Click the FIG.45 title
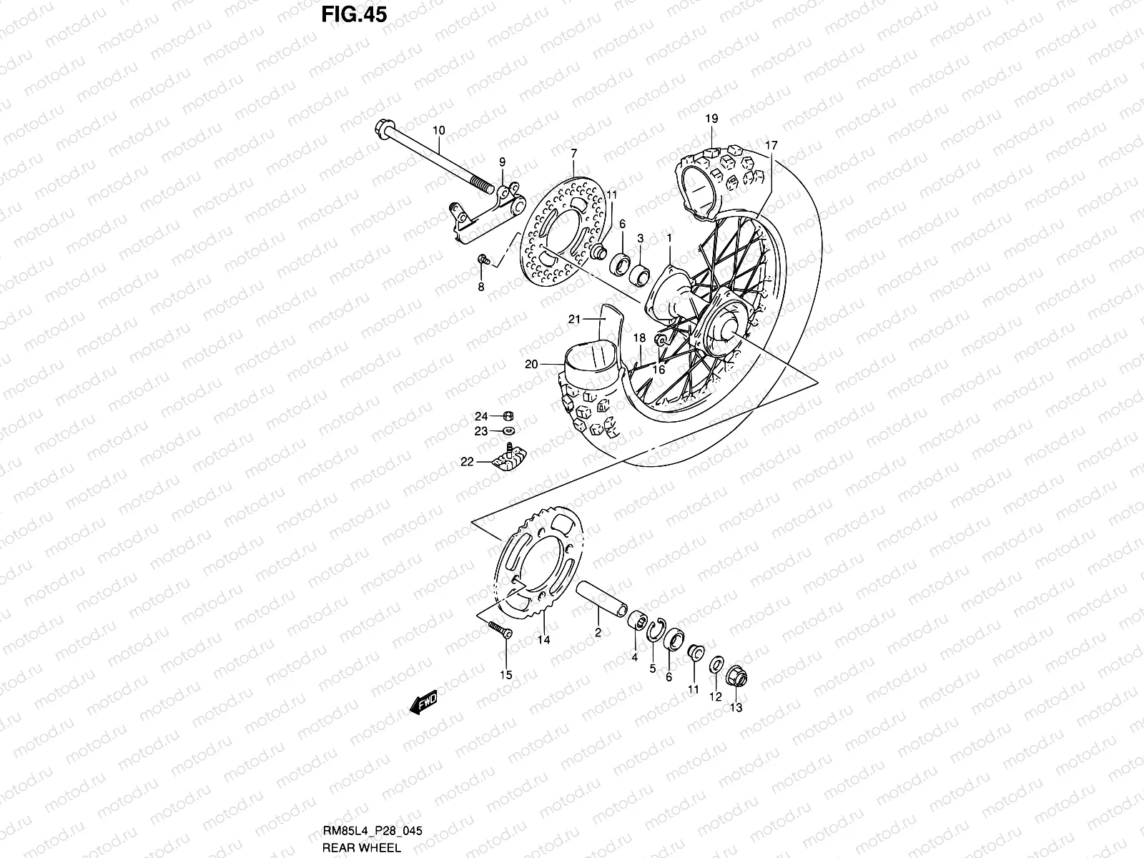pos(353,14)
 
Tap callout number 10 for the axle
pos(459,130)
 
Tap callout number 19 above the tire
pos(712,119)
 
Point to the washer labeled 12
pos(716,666)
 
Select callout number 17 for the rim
pos(770,145)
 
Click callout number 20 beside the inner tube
pos(531,364)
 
